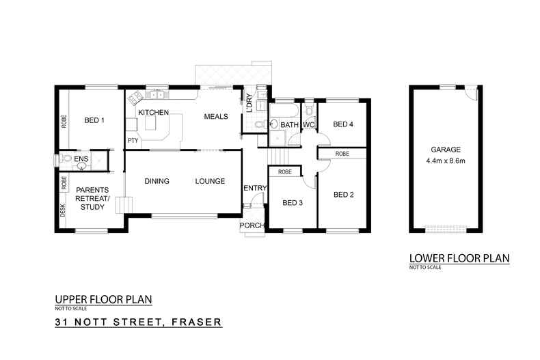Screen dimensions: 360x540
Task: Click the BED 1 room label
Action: tap(94, 120)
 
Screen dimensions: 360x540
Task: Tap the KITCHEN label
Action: tap(154, 111)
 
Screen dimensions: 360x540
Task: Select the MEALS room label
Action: tap(216, 117)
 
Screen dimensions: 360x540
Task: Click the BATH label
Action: tap(290, 125)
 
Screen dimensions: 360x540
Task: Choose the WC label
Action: tap(308, 125)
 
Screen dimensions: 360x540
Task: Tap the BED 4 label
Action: tap(343, 124)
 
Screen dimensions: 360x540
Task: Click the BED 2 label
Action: tap(343, 195)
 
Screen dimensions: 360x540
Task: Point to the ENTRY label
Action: tap(254, 188)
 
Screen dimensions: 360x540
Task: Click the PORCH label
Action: tap(250, 226)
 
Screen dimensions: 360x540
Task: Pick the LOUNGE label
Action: tap(210, 181)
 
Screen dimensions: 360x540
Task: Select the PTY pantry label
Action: tap(133, 141)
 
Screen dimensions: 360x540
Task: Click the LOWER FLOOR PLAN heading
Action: tap(449, 258)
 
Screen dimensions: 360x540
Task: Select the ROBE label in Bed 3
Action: tap(286, 172)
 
